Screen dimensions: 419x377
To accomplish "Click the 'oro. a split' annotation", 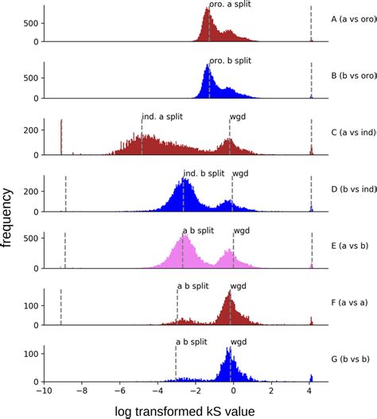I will click(231, 5).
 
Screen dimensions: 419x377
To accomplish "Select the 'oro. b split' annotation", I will click(231, 61).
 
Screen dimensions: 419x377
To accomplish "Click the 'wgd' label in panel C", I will click(237, 117).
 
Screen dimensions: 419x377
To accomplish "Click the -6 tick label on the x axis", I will click(120, 391).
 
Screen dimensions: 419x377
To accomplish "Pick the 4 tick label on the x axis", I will click(309, 391).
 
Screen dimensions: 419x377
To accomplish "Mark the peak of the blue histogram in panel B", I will click(208, 67).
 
